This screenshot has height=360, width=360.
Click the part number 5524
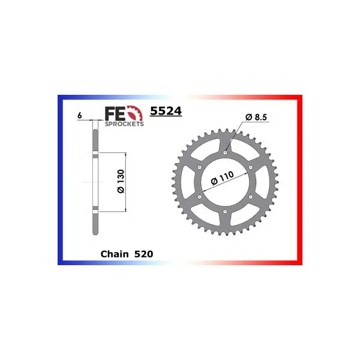tap(166, 111)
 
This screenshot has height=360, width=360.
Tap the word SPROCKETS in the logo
tap(124, 124)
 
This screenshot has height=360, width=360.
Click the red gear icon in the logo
tap(135, 113)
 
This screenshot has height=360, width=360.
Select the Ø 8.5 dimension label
tap(256, 117)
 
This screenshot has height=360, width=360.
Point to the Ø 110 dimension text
tap(222, 178)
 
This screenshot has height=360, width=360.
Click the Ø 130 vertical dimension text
tap(121, 181)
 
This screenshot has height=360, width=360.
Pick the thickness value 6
tap(79, 115)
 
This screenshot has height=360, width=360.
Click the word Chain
tap(115, 254)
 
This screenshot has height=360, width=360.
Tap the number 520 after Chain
tap(144, 254)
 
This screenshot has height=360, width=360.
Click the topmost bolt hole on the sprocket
tap(225, 152)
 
